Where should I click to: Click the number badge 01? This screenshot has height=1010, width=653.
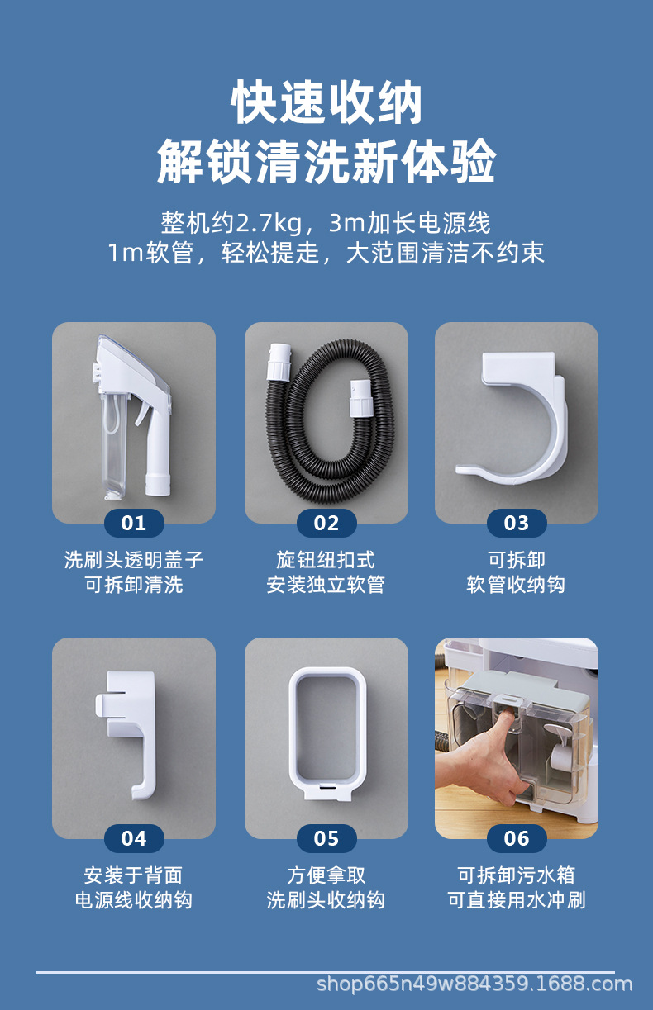pos(134,523)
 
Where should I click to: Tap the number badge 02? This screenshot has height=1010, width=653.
pos(326,523)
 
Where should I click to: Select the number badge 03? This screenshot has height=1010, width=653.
pos(517,523)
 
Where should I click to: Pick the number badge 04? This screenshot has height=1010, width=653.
pos(134,839)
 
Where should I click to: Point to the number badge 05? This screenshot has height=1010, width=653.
pos(326,839)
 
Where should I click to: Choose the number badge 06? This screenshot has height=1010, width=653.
pos(517,839)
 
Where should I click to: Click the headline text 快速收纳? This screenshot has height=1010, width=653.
pos(326,102)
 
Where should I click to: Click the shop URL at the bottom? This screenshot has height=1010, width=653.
pos(474,984)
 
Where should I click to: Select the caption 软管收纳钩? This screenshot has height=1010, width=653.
pos(516,585)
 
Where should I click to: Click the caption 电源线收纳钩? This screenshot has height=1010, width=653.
pos(134,900)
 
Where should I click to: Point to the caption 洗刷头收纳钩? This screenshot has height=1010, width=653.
pos(326,900)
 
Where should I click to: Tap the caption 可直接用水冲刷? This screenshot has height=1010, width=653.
pos(517,900)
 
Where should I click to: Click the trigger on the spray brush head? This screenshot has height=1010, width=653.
pos(143,414)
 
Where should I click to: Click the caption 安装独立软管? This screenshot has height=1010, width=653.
pos(326,585)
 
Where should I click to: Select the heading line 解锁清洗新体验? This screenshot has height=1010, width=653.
pos(326,161)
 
